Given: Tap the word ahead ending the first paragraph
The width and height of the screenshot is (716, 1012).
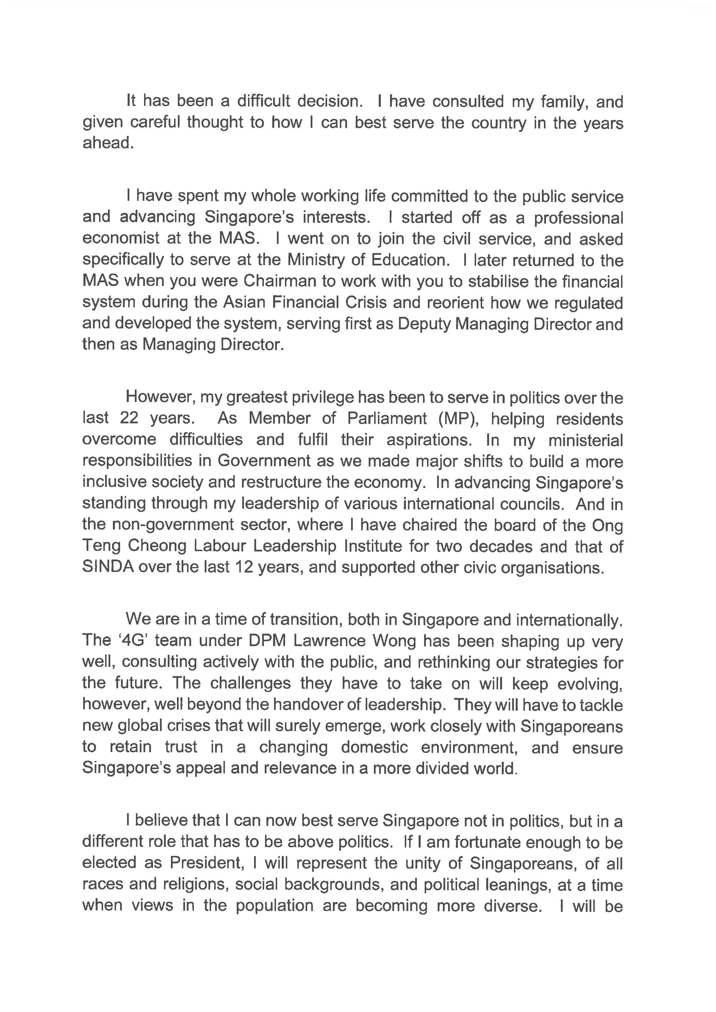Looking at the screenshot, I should pos(108,143).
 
